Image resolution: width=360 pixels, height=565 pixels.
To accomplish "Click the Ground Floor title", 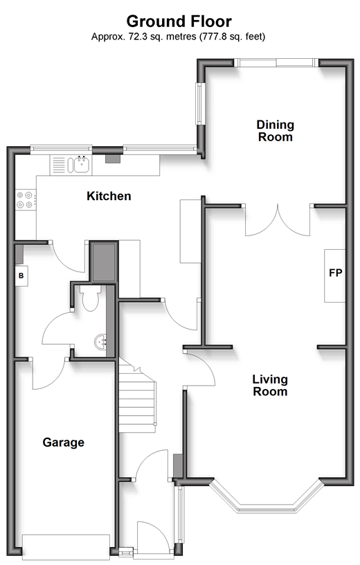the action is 179,21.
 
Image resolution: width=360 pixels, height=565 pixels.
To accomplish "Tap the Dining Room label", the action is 276,131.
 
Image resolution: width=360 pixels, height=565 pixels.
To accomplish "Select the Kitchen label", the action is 109,196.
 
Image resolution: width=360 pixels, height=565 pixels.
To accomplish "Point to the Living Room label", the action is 270,385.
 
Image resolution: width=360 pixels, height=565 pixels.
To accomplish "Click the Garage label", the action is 64,442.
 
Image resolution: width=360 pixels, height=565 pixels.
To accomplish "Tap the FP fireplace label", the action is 335,273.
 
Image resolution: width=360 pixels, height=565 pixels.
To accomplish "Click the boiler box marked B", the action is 21,276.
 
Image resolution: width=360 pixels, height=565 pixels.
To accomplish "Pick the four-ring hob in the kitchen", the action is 25,200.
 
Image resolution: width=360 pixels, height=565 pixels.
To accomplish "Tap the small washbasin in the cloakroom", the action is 100,341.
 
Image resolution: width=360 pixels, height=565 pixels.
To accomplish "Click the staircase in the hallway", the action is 137,395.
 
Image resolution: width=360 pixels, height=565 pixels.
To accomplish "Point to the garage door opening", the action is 66,546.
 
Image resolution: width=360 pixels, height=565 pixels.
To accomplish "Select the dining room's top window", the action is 276,63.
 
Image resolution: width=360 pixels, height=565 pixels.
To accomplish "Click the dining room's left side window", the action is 200,104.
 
